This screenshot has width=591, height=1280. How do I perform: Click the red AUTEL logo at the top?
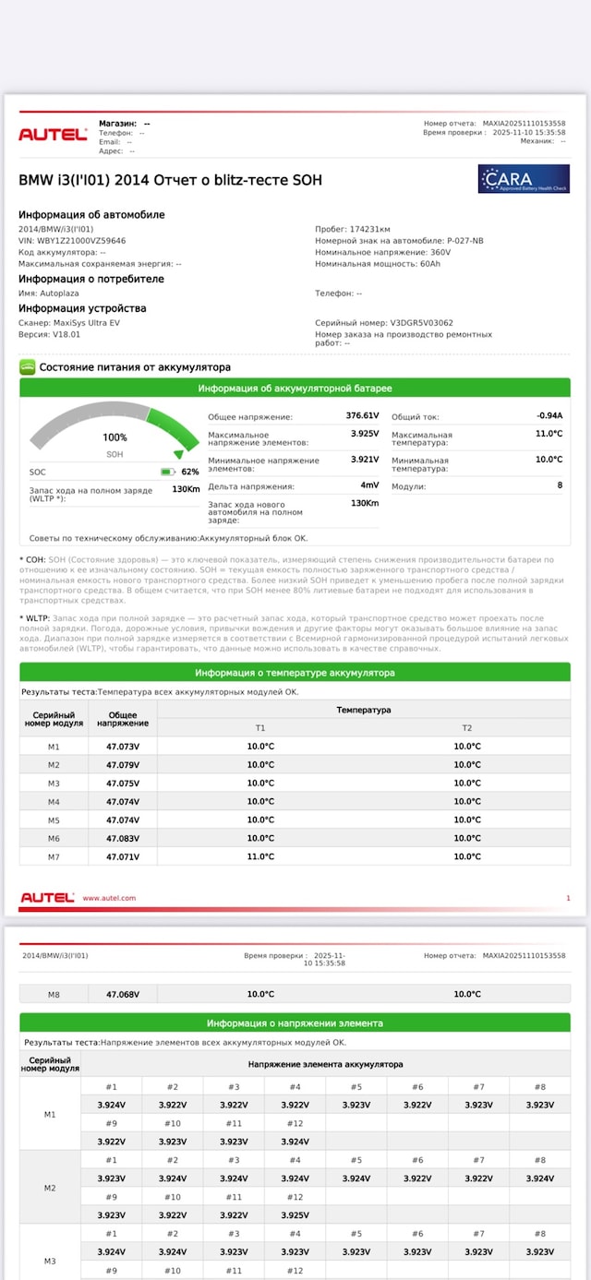coord(53,135)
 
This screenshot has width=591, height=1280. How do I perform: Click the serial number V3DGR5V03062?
coord(421,323)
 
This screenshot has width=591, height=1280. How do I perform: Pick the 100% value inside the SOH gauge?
coord(115,437)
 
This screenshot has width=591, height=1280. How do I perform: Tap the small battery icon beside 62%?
coord(167,472)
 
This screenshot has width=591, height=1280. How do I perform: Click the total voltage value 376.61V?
coord(362,415)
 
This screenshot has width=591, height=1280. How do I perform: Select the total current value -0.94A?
coord(549,415)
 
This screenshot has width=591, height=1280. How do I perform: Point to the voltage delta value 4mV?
coord(369,485)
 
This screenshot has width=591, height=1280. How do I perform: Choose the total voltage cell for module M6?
coord(123,838)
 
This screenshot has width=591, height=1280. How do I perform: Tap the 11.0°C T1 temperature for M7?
coord(260,856)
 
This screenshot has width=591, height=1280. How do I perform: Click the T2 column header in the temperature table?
coord(467,728)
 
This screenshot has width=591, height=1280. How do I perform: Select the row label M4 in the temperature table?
coord(54,801)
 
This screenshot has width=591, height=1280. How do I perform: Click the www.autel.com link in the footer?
coord(109,898)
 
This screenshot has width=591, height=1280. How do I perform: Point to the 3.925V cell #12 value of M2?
coord(295,1214)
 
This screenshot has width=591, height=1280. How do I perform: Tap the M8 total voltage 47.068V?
coord(123,994)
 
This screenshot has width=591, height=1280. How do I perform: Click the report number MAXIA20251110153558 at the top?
coord(524,123)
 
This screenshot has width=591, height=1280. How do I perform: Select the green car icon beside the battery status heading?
coord(28,366)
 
